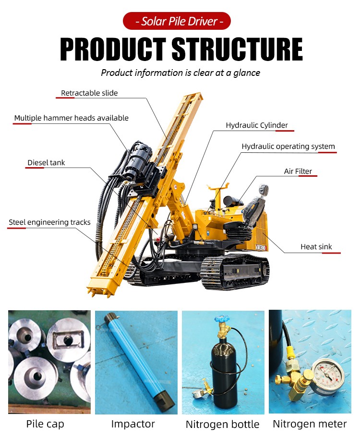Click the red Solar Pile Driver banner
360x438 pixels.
pos(177,21)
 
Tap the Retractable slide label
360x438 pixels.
pos(89,93)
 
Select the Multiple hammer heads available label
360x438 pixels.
pos(71,118)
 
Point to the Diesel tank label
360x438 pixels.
pos(46,163)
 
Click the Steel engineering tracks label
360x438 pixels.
pos(49,222)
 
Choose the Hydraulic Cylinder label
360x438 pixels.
pos(257,125)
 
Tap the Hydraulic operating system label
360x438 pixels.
pos(288,146)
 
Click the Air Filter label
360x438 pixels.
pos(298,171)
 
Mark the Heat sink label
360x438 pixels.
pos(316,247)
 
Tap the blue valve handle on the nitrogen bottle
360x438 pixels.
pos(222,318)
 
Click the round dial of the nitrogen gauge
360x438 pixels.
pos(328,375)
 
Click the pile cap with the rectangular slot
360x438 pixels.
pos(68,339)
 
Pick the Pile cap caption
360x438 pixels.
pos(45,424)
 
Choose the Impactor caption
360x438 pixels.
pos(133,424)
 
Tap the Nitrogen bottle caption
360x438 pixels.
pos(223,425)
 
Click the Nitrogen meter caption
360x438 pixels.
pos(310,424)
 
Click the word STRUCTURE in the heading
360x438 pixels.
pos(237,49)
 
